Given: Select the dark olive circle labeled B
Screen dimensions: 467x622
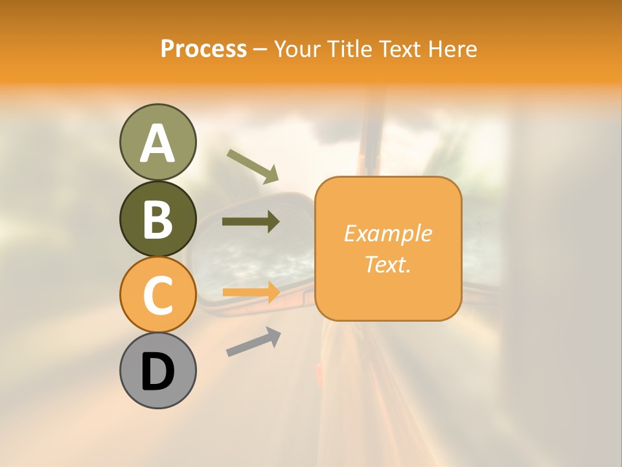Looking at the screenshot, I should [x=157, y=219].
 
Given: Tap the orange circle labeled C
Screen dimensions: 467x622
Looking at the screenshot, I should [x=157, y=295].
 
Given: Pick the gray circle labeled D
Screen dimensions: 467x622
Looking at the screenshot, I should [x=157, y=370].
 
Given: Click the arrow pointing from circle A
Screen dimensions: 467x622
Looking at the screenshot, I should [x=253, y=165].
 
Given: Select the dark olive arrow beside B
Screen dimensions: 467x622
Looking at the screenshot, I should [x=251, y=222].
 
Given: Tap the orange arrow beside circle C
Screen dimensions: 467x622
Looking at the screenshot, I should [x=251, y=293].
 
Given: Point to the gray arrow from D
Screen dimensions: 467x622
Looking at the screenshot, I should [x=253, y=342].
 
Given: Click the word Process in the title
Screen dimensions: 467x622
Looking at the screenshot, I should [x=203, y=49].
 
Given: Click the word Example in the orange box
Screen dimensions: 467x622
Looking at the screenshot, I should [x=388, y=233].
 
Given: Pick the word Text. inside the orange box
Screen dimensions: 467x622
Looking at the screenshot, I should [x=388, y=264].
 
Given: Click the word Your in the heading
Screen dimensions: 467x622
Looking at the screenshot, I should [x=297, y=49].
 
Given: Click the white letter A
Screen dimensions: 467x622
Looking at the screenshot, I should [x=157, y=143].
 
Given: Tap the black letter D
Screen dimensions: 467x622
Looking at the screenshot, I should [x=157, y=372].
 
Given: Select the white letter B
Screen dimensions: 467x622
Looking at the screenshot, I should [x=157, y=219].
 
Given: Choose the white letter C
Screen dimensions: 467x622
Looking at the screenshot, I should [x=157, y=296].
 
